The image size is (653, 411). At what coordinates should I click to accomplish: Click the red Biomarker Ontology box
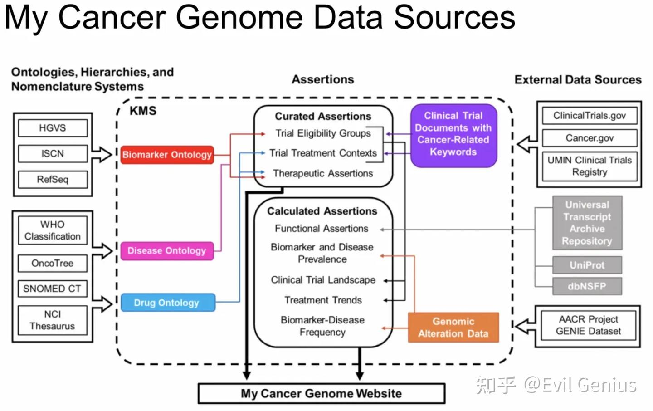click(x=167, y=155)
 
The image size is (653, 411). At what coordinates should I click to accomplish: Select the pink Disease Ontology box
click(x=167, y=251)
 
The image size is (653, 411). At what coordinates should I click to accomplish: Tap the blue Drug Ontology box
click(x=167, y=303)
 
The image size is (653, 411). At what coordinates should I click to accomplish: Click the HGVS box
click(x=53, y=128)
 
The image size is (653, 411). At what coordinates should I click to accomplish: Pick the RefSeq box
click(x=53, y=180)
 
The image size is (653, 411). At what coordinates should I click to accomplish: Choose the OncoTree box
click(x=53, y=263)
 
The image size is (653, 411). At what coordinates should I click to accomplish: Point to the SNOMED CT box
click(x=53, y=289)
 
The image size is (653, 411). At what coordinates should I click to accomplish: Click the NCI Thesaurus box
click(x=53, y=320)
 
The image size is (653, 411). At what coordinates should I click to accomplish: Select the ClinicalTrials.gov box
click(x=589, y=116)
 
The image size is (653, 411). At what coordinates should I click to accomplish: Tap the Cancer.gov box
click(x=589, y=138)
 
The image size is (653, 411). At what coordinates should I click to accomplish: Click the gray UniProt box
click(x=587, y=265)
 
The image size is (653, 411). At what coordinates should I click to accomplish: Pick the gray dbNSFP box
click(x=587, y=286)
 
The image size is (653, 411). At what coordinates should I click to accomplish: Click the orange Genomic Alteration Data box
click(x=453, y=328)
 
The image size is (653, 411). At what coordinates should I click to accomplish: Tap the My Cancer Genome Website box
click(x=321, y=393)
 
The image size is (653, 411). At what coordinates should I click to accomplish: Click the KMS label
click(x=143, y=111)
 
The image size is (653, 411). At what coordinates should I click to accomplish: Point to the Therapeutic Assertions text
click(x=323, y=173)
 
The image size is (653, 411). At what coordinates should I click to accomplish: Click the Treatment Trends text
click(x=323, y=300)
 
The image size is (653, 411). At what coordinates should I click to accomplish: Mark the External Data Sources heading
click(x=578, y=80)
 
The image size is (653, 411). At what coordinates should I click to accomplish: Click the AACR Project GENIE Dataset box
click(x=588, y=325)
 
